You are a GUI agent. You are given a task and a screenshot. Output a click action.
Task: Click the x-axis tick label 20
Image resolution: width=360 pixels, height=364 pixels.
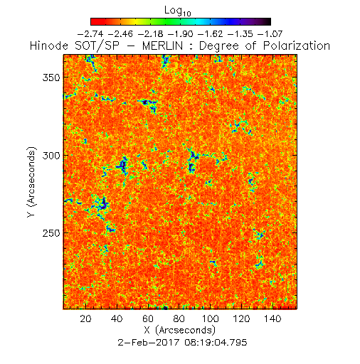(x=85, y=318)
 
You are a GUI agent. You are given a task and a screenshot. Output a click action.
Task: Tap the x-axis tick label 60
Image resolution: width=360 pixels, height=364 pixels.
(x=148, y=318)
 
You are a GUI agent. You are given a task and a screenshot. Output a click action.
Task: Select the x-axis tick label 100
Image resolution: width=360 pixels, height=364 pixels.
(x=210, y=318)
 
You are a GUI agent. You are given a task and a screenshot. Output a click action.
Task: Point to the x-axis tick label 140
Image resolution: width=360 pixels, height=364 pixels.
(x=272, y=318)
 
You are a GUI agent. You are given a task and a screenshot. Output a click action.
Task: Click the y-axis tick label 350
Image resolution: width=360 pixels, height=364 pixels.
(x=51, y=77)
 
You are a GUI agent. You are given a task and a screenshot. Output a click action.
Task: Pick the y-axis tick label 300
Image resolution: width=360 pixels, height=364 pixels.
(x=51, y=156)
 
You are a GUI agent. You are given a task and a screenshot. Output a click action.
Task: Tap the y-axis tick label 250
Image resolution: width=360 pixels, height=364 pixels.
(x=51, y=233)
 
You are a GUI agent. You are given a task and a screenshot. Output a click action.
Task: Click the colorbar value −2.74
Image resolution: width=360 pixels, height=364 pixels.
(x=90, y=34)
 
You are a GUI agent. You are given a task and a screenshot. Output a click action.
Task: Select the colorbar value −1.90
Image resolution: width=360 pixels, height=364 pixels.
(x=181, y=34)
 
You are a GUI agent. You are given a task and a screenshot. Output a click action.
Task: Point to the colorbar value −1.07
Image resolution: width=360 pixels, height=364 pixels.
(x=270, y=34)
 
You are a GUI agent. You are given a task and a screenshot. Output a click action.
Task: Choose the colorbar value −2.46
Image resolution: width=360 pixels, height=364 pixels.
(x=120, y=34)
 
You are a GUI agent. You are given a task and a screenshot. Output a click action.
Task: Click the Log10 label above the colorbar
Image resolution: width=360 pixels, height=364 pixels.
(x=178, y=11)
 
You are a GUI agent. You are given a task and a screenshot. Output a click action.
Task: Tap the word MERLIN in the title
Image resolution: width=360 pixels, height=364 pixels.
(x=163, y=45)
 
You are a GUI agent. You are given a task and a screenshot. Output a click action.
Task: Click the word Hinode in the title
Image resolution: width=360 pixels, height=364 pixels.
(x=49, y=45)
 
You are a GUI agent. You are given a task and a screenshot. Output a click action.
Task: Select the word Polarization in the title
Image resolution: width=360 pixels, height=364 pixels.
(x=297, y=45)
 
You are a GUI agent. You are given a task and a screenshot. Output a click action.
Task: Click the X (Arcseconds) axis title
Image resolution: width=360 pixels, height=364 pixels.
(x=180, y=330)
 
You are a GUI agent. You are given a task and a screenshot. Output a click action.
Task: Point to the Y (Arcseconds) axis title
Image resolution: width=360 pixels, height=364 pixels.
(x=31, y=182)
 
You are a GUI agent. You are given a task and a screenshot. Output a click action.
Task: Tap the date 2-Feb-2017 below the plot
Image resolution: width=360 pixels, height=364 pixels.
(x=149, y=343)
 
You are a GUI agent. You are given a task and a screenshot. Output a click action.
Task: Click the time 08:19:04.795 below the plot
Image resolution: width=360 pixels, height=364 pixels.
(x=216, y=343)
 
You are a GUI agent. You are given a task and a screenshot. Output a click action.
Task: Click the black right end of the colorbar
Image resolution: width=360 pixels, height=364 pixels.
(x=268, y=21)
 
